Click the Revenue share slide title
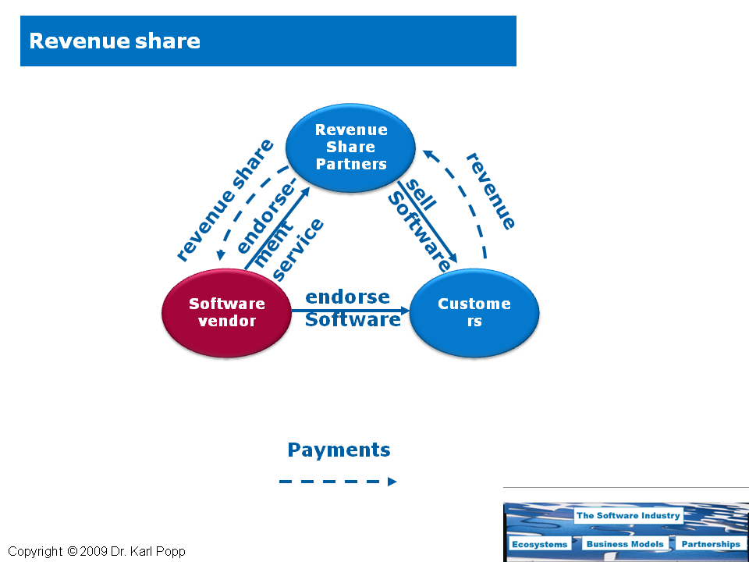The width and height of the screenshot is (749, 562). tap(115, 41)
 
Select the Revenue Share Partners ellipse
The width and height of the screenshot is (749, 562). tap(350, 148)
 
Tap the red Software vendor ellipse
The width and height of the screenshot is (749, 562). tap(226, 312)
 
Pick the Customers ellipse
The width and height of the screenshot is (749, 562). tap(474, 312)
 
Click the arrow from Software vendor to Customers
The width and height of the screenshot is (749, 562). tap(351, 310)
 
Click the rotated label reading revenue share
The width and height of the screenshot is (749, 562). tap(225, 199)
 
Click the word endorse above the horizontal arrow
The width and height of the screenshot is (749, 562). tap(347, 297)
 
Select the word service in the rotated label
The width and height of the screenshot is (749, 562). tap(299, 250)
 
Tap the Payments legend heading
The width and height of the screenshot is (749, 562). tap(339, 450)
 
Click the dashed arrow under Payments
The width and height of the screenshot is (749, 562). tap(338, 482)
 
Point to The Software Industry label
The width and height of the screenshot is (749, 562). tap(628, 515)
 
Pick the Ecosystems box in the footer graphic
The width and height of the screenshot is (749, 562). tap(539, 544)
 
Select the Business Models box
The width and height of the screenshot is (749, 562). tap(625, 544)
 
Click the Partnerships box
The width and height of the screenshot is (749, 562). tap(709, 544)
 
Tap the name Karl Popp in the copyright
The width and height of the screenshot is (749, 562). tap(161, 552)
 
